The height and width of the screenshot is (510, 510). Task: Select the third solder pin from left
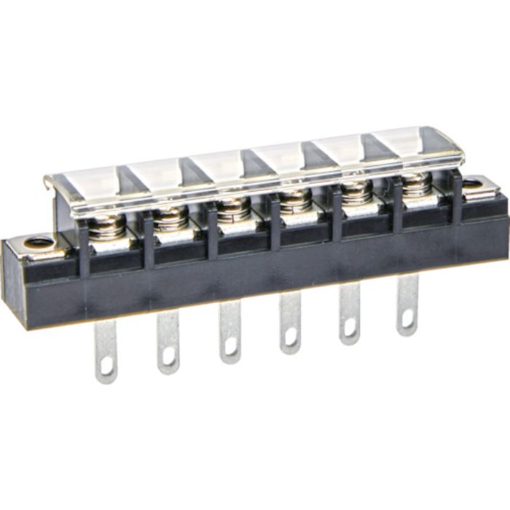tap(230, 331)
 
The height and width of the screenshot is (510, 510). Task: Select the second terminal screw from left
tap(170, 216)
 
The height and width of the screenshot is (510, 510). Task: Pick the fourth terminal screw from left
tap(294, 198)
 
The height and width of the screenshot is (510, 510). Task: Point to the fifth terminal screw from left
tap(356, 191)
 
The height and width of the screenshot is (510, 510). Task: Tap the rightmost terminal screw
tap(415, 184)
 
